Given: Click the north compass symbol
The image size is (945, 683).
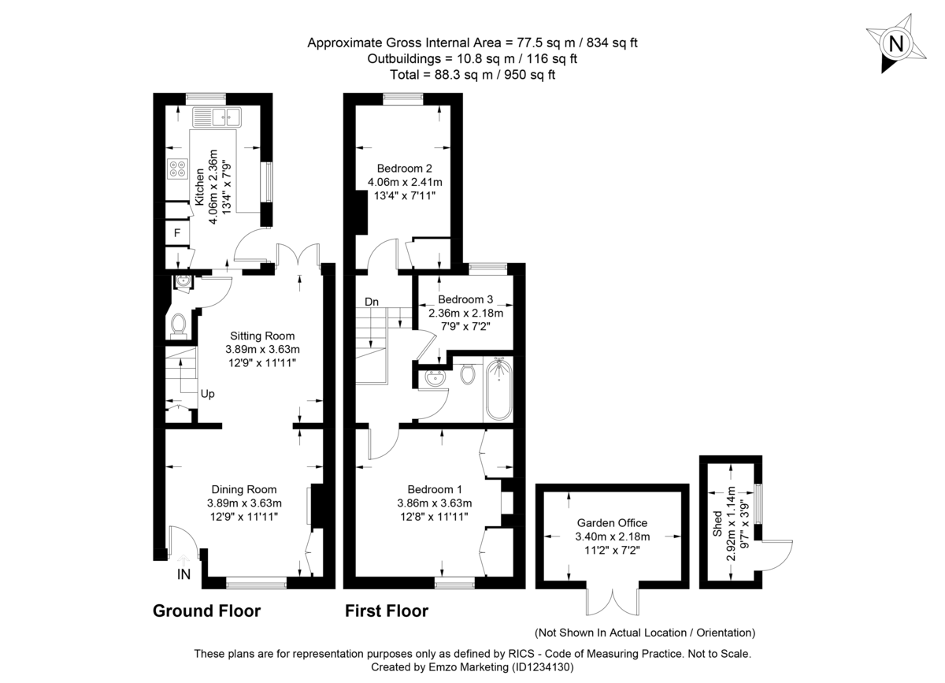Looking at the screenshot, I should (895, 44).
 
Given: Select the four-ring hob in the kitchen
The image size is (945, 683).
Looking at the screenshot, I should (177, 169).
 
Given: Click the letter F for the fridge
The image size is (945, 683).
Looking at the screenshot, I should (177, 233).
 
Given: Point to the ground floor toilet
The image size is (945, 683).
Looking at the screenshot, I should (179, 324).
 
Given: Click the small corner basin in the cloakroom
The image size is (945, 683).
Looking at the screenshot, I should (183, 279).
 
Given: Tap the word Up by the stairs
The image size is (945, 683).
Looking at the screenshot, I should (207, 394).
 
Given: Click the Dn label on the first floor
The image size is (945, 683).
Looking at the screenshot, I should (372, 302).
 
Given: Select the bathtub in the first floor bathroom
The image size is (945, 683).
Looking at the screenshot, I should (498, 389).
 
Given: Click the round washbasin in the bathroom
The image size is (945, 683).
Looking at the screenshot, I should (433, 378).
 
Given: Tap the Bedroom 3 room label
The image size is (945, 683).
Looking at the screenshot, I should (465, 299).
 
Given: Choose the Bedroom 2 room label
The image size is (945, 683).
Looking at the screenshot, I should (404, 168).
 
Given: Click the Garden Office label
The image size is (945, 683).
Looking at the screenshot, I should (612, 522).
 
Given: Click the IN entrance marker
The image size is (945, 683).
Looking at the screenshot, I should (183, 575).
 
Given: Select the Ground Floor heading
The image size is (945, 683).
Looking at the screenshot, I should (206, 611).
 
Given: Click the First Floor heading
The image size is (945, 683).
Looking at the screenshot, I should (386, 611).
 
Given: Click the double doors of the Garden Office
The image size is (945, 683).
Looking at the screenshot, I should (612, 603).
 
